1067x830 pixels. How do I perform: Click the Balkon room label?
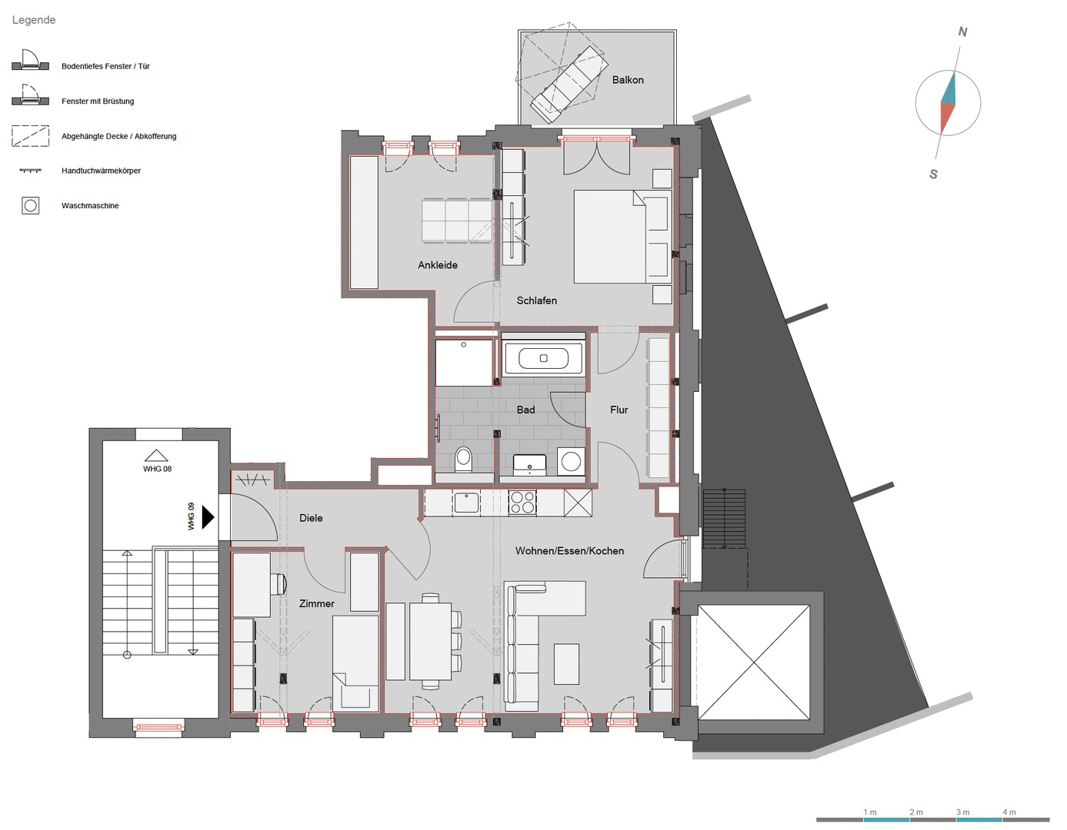[628, 80]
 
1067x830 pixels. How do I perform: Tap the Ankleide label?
[438, 265]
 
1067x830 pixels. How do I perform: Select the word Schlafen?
[537, 300]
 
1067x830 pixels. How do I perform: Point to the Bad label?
[525, 410]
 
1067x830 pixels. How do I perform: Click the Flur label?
[619, 410]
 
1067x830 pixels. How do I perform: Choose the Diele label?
[311, 518]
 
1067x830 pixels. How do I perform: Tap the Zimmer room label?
[317, 604]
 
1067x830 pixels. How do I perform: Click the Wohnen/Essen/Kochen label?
[569, 551]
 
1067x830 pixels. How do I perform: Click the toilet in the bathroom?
[463, 459]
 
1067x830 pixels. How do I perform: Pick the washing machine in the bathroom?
[571, 462]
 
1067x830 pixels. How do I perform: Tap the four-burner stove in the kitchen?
[522, 503]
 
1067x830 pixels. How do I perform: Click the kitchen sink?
[466, 503]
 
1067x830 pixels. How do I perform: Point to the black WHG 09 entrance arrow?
[208, 517]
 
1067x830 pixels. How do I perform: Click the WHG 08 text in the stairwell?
[157, 469]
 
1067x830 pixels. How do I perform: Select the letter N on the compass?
[962, 32]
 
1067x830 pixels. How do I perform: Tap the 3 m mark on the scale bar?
[962, 812]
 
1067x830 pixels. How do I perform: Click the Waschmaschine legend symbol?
[31, 205]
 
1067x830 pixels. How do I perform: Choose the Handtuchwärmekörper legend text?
[101, 171]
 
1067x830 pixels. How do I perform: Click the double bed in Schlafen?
[622, 237]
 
